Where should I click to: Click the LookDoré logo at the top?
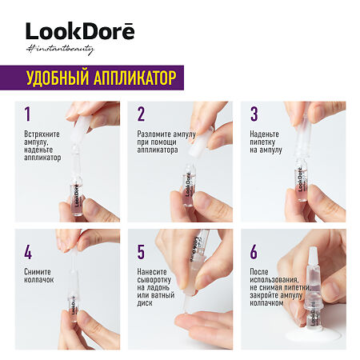click(x=80, y=32)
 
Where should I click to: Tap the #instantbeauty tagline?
click(x=60, y=50)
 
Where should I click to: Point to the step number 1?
click(x=27, y=114)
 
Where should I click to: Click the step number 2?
click(x=141, y=114)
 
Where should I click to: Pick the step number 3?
click(x=255, y=114)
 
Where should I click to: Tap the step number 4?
click(x=27, y=253)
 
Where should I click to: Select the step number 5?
click(x=142, y=253)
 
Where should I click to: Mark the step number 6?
click(x=255, y=253)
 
